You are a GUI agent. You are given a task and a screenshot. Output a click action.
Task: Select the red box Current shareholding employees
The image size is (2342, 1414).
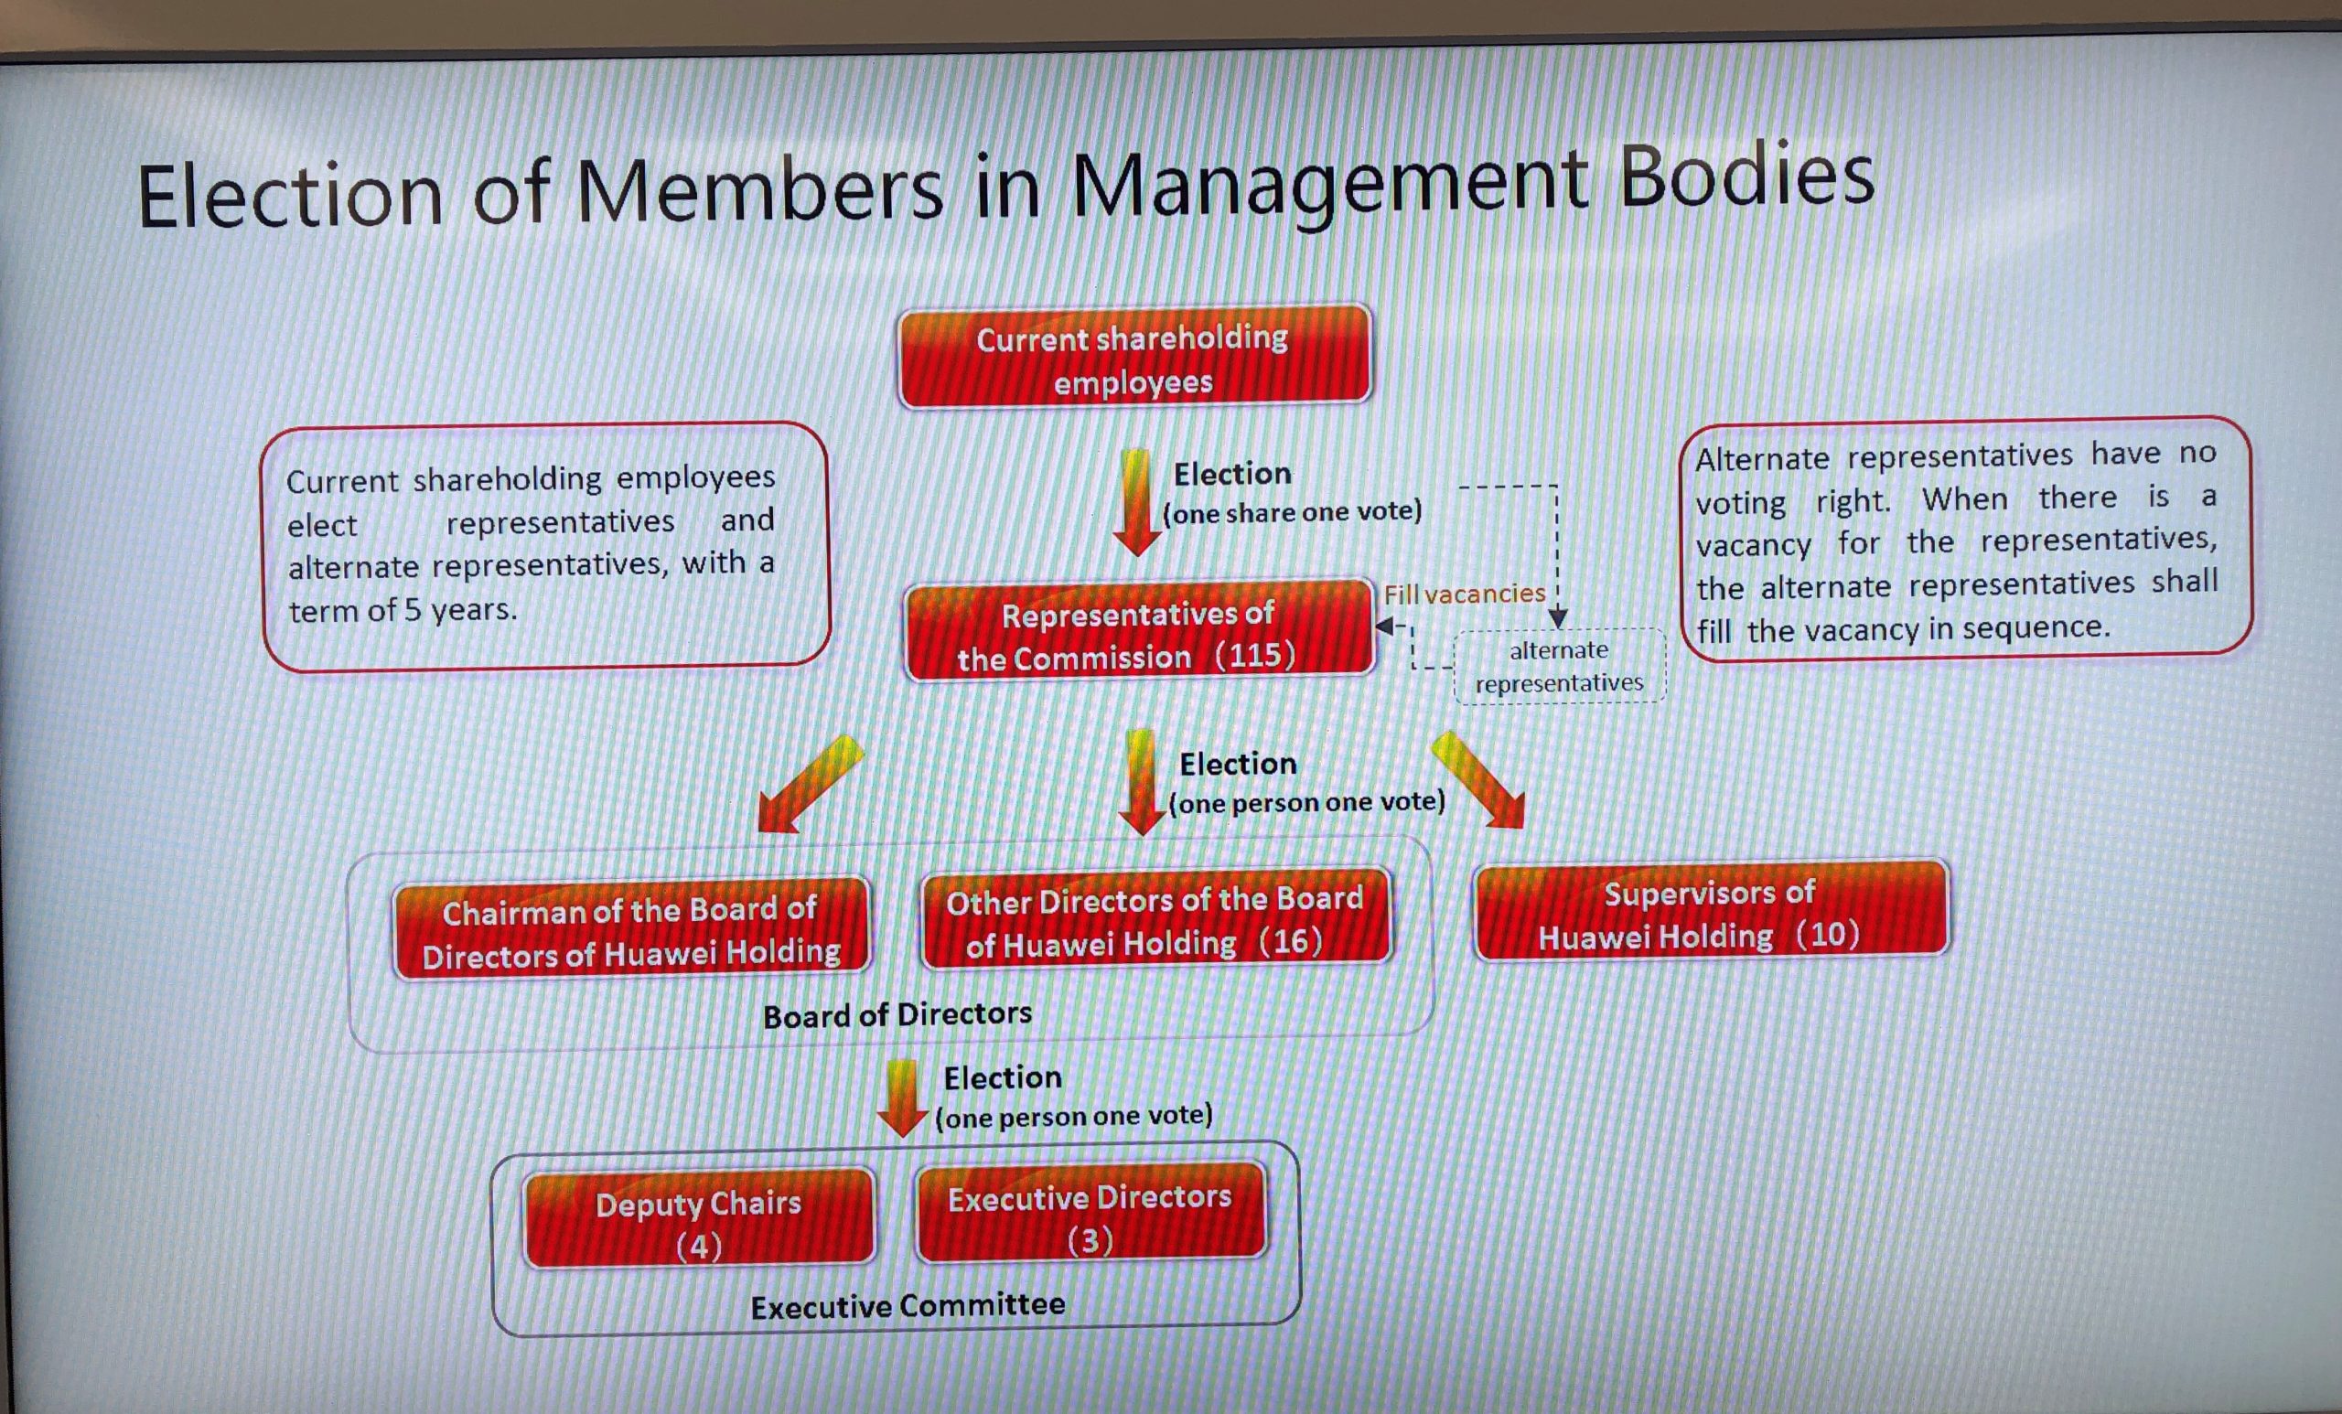1133,359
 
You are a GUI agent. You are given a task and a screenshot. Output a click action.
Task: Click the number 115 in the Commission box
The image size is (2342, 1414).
1255,655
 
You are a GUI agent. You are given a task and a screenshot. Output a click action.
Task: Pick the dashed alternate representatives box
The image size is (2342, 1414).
1560,666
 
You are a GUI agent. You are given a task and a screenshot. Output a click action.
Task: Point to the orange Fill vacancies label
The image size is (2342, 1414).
1465,594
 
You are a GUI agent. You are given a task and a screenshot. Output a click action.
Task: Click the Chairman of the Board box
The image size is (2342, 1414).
631,930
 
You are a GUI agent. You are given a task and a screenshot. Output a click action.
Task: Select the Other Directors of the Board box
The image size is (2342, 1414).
1155,920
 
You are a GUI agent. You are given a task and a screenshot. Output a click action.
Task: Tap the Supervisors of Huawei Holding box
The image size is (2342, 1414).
1710,912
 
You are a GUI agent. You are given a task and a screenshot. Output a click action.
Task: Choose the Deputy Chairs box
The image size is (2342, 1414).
699,1221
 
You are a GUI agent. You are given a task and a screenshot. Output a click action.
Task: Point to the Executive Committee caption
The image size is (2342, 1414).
908,1306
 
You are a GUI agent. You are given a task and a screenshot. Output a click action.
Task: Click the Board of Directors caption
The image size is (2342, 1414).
897,1015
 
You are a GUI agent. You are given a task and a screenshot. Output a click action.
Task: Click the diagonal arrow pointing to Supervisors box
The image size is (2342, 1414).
1479,779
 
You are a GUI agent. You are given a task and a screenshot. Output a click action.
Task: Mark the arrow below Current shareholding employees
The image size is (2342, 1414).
1136,503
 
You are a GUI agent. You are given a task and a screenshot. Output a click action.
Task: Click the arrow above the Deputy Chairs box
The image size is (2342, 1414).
901,1098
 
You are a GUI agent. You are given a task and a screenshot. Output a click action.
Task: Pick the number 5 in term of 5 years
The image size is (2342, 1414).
412,610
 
